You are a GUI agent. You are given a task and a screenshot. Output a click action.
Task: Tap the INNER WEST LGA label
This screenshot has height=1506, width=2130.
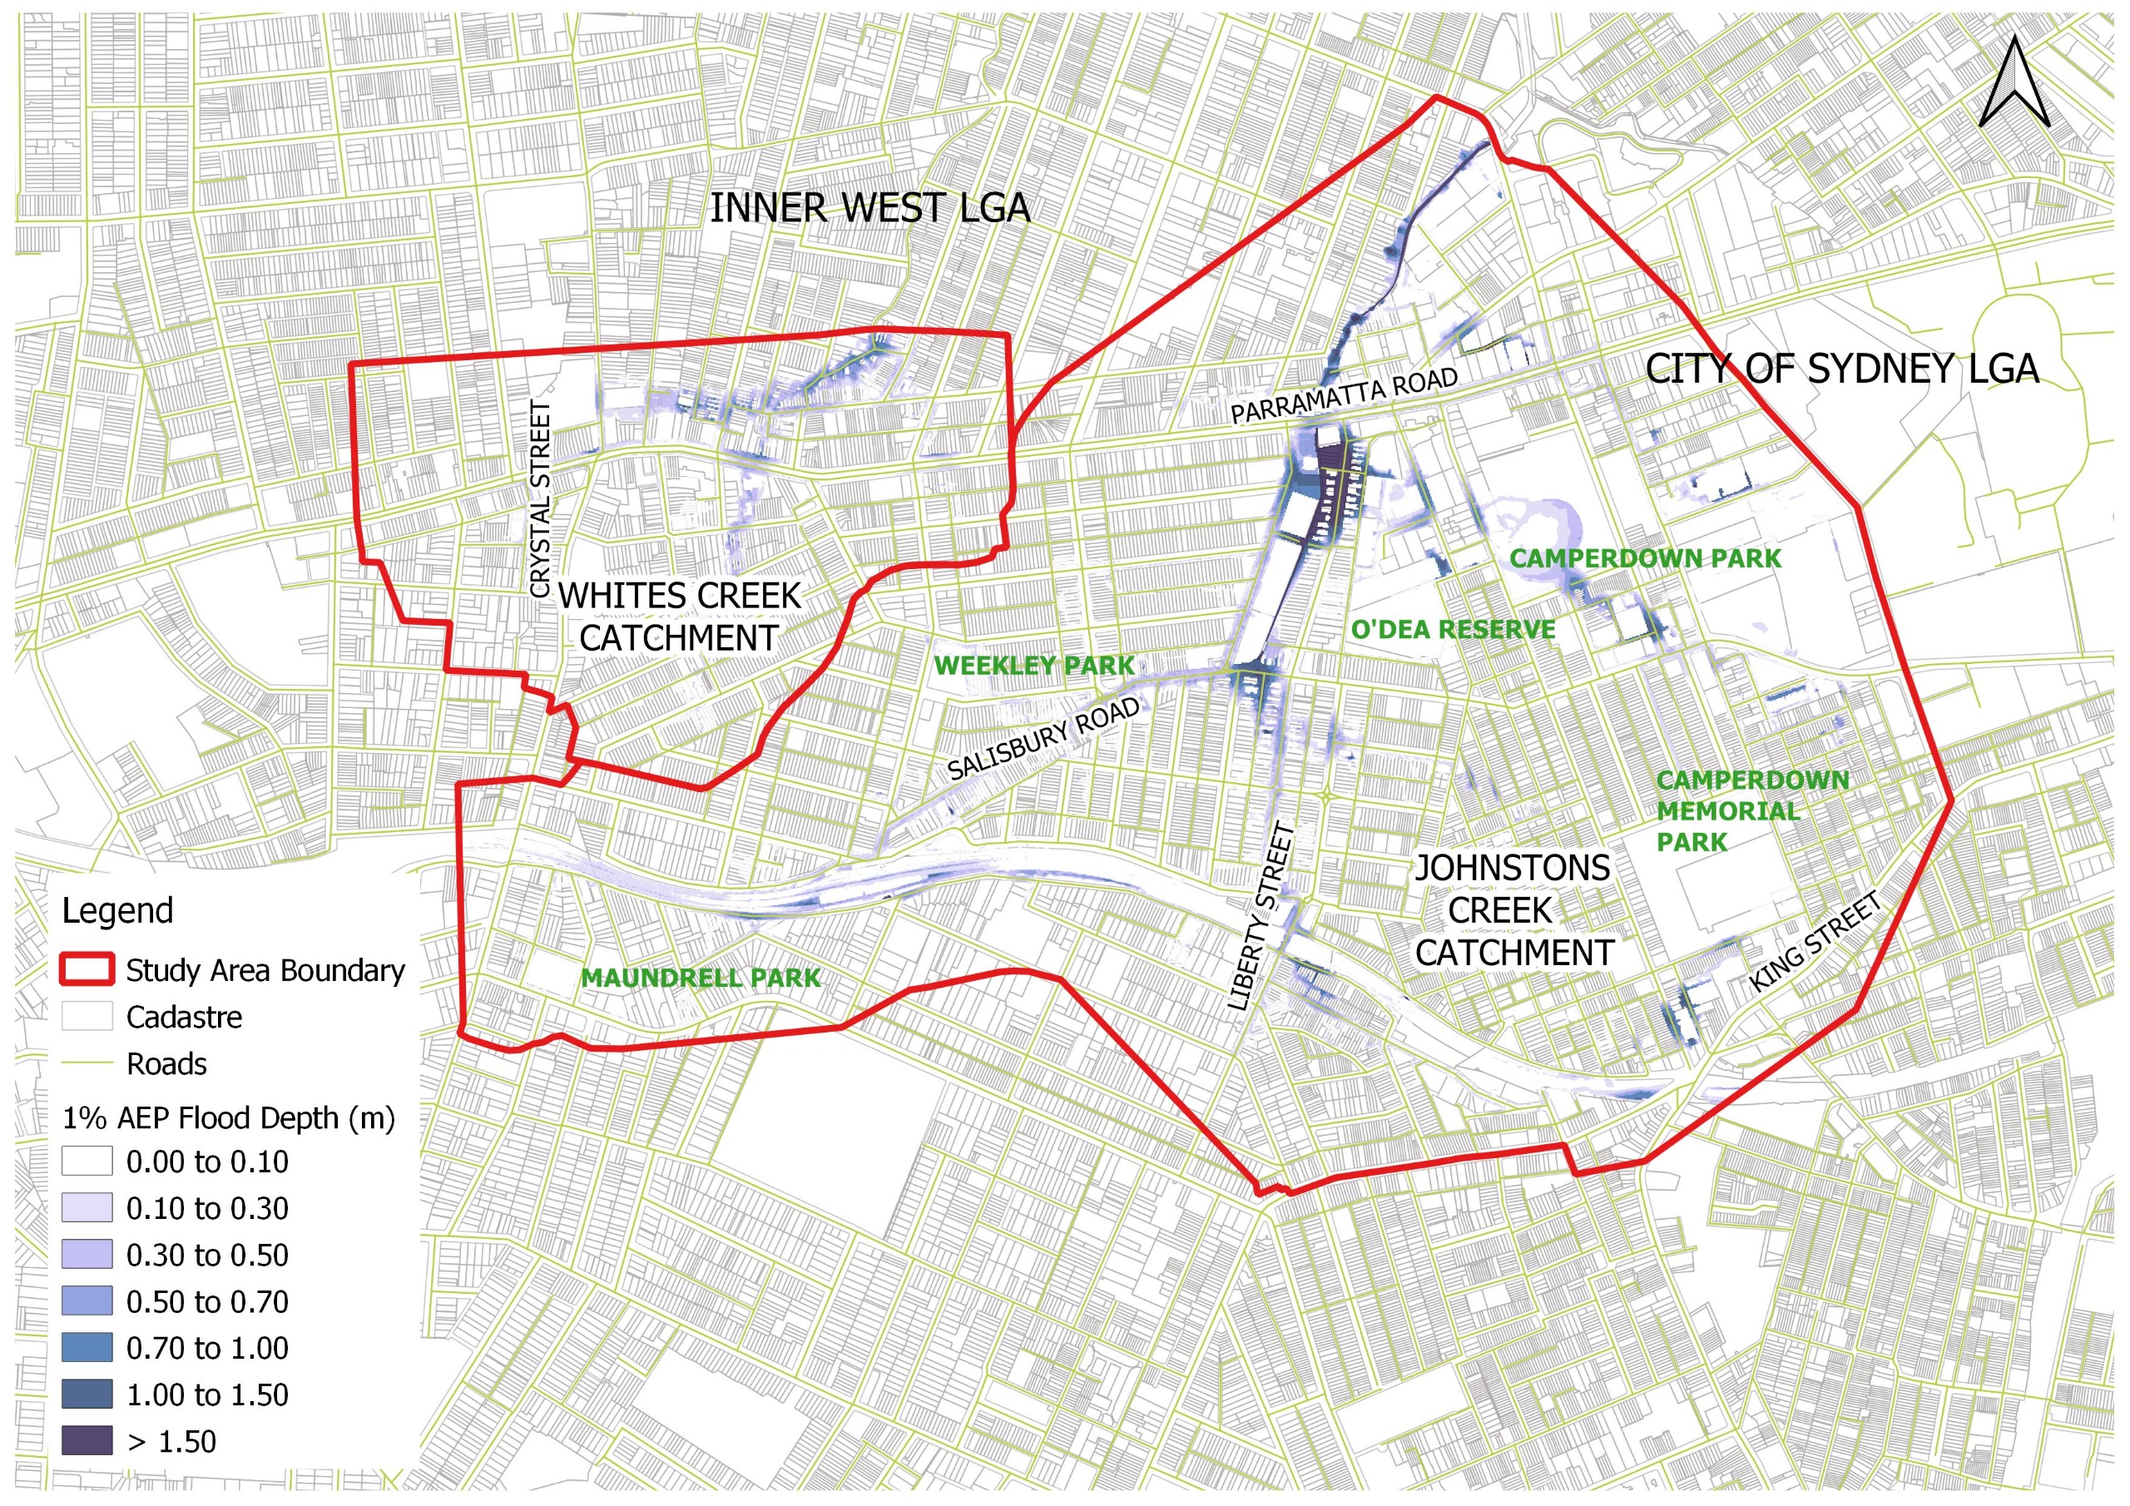click(x=869, y=208)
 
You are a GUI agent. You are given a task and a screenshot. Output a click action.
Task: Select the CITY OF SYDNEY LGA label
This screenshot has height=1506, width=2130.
click(x=1841, y=369)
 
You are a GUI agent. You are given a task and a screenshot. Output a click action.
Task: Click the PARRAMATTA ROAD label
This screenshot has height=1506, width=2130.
click(x=1345, y=396)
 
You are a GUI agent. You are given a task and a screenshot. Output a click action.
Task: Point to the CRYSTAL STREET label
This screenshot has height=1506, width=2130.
click(x=541, y=499)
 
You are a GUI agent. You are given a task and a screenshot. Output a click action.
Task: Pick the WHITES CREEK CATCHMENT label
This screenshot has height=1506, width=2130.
click(x=679, y=617)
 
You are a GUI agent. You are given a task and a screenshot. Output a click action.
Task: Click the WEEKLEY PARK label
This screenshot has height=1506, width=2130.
click(x=1033, y=666)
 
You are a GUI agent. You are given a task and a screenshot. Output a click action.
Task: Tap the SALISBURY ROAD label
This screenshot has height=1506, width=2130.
click(x=1043, y=739)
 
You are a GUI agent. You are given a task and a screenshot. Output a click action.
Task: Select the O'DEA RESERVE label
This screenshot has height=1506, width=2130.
click(x=1453, y=629)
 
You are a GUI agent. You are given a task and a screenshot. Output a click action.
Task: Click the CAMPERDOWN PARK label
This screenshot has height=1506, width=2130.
click(x=1645, y=558)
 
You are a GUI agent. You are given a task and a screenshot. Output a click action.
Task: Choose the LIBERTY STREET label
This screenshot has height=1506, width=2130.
click(x=1260, y=917)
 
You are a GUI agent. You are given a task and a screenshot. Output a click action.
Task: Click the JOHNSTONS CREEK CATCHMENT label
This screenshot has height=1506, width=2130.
click(x=1513, y=911)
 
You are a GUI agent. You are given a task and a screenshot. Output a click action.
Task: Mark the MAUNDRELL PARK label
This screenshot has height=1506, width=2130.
click(x=701, y=978)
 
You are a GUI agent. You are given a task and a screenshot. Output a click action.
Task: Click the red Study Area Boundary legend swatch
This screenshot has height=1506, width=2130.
click(x=87, y=969)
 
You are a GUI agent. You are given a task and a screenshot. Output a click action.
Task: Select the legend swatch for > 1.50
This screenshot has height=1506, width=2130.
click(x=87, y=1441)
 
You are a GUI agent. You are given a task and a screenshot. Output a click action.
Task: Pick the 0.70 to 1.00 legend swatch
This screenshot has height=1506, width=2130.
click(x=87, y=1347)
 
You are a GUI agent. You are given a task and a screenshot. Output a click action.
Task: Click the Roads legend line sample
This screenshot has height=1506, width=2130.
click(x=87, y=1063)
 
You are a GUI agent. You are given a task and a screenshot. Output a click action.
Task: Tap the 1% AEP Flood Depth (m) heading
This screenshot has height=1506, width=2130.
click(x=228, y=1118)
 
